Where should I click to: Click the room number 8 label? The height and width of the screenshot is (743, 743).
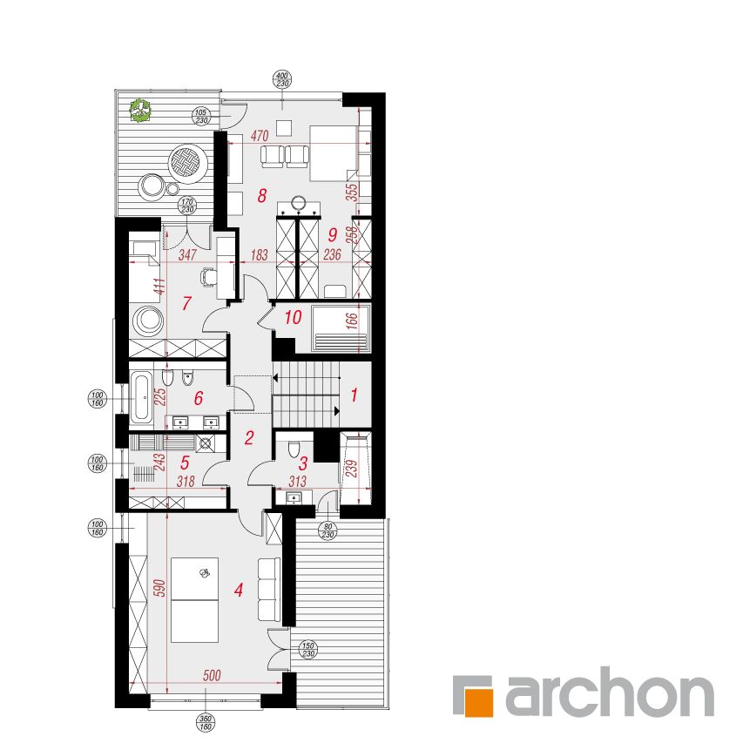tap(262, 195)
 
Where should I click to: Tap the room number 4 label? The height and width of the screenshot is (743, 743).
tap(239, 590)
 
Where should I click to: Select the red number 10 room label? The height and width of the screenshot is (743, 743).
tap(293, 317)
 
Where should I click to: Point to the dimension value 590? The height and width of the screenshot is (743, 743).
tap(160, 588)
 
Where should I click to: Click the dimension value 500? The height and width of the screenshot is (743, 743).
tap(212, 675)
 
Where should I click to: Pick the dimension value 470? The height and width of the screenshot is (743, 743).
tap(260, 136)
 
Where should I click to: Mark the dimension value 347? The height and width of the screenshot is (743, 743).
tap(187, 255)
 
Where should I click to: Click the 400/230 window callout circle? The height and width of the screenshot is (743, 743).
tap(282, 79)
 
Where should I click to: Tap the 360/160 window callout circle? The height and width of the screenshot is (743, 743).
tap(206, 723)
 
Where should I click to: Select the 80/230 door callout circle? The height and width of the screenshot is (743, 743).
tap(328, 530)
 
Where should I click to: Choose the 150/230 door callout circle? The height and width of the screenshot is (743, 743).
tap(308, 650)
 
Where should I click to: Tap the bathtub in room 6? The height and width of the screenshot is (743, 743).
tap(141, 397)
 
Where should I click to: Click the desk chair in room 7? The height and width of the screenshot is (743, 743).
tap(208, 276)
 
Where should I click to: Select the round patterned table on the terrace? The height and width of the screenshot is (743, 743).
tap(188, 164)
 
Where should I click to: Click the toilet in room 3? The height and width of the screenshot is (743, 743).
tap(294, 448)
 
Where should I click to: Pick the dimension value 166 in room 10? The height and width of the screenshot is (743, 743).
tap(352, 321)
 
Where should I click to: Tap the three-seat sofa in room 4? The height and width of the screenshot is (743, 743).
tap(268, 589)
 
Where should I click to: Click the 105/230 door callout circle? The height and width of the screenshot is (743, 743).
tap(201, 117)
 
